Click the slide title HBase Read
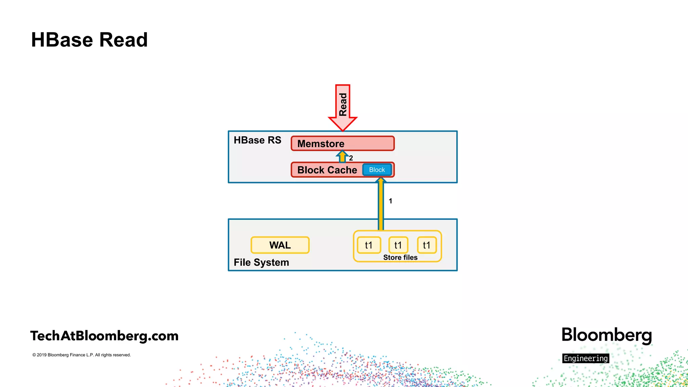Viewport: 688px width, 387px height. [x=89, y=40]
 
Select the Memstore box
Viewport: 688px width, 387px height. [x=343, y=143]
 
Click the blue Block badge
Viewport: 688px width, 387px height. [x=377, y=170]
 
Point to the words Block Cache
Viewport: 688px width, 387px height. [x=327, y=170]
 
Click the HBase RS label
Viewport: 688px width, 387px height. [x=257, y=140]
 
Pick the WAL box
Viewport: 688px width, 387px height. [x=280, y=245]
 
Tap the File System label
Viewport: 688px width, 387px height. [x=261, y=262]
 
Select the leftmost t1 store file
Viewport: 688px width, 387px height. [x=369, y=245]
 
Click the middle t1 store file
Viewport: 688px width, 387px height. [x=398, y=245]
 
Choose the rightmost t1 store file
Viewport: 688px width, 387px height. [x=427, y=245]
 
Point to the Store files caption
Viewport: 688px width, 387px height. [x=400, y=257]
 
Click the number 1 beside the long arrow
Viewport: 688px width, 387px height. [x=390, y=201]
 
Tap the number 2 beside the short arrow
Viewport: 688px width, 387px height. [x=351, y=158]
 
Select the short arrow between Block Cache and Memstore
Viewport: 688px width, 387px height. [x=342, y=157]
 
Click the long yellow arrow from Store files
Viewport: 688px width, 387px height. [x=381, y=205]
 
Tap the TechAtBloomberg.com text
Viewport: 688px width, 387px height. [x=104, y=336]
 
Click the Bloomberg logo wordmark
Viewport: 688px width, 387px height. [x=607, y=335]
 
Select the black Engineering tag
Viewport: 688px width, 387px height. [x=586, y=358]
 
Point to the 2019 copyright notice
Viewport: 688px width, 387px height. [x=82, y=355]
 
